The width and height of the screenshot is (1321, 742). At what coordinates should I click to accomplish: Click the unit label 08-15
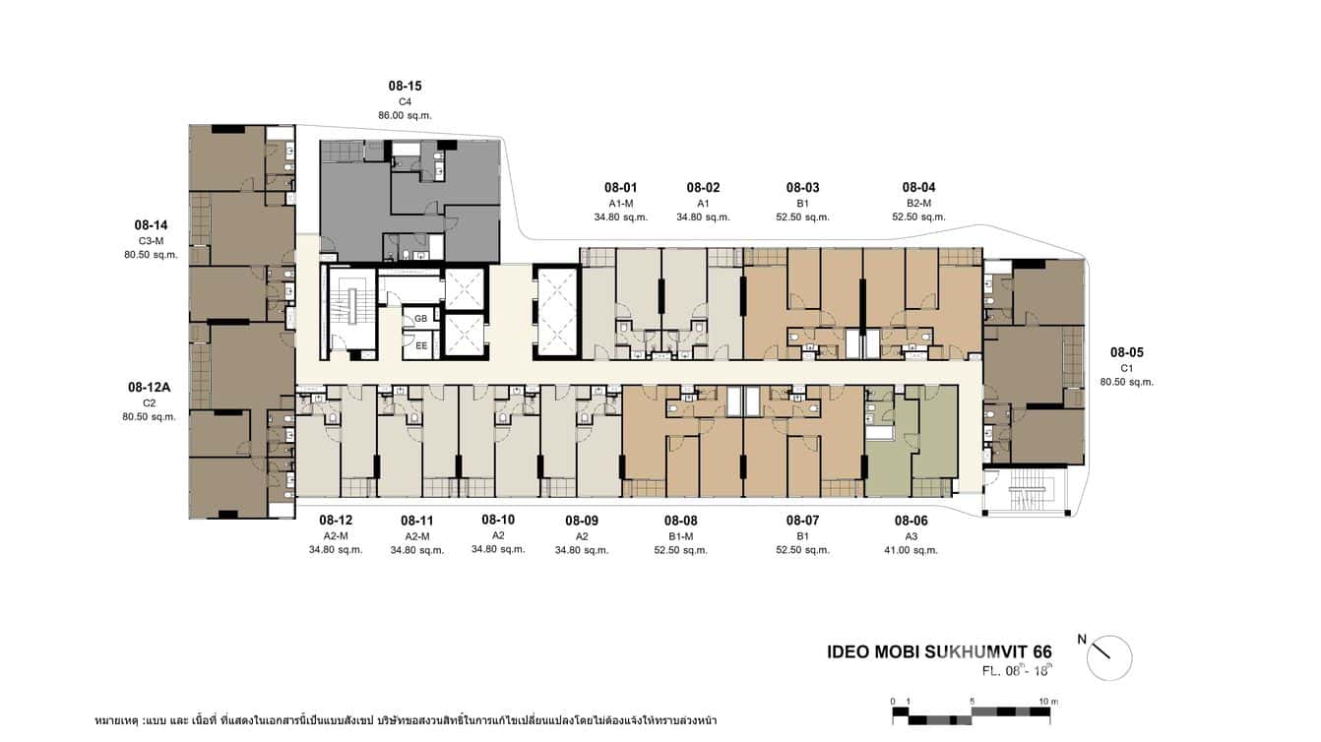(405, 87)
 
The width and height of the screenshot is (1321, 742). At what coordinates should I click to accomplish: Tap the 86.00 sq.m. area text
(405, 115)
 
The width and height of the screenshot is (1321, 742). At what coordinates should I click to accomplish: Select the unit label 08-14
(151, 225)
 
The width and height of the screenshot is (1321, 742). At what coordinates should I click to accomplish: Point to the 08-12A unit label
(150, 387)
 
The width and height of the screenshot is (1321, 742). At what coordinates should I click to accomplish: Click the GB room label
(420, 319)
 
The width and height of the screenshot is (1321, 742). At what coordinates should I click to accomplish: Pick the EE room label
(420, 345)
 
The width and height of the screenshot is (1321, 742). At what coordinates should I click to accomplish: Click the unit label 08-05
(1126, 352)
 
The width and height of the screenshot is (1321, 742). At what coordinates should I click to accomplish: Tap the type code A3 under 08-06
(911, 536)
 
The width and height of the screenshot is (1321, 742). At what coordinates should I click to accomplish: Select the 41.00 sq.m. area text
(911, 550)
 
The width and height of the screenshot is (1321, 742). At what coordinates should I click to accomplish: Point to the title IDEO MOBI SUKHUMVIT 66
(939, 652)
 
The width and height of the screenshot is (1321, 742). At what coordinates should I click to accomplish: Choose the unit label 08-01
(621, 188)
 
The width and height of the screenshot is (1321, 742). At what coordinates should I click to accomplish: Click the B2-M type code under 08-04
(918, 203)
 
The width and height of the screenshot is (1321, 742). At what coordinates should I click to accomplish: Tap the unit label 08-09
(582, 521)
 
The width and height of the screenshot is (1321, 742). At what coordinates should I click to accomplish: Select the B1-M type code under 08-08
(680, 536)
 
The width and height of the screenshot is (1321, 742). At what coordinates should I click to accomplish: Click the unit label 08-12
(336, 521)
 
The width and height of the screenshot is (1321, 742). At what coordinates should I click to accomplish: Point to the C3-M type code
(151, 241)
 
